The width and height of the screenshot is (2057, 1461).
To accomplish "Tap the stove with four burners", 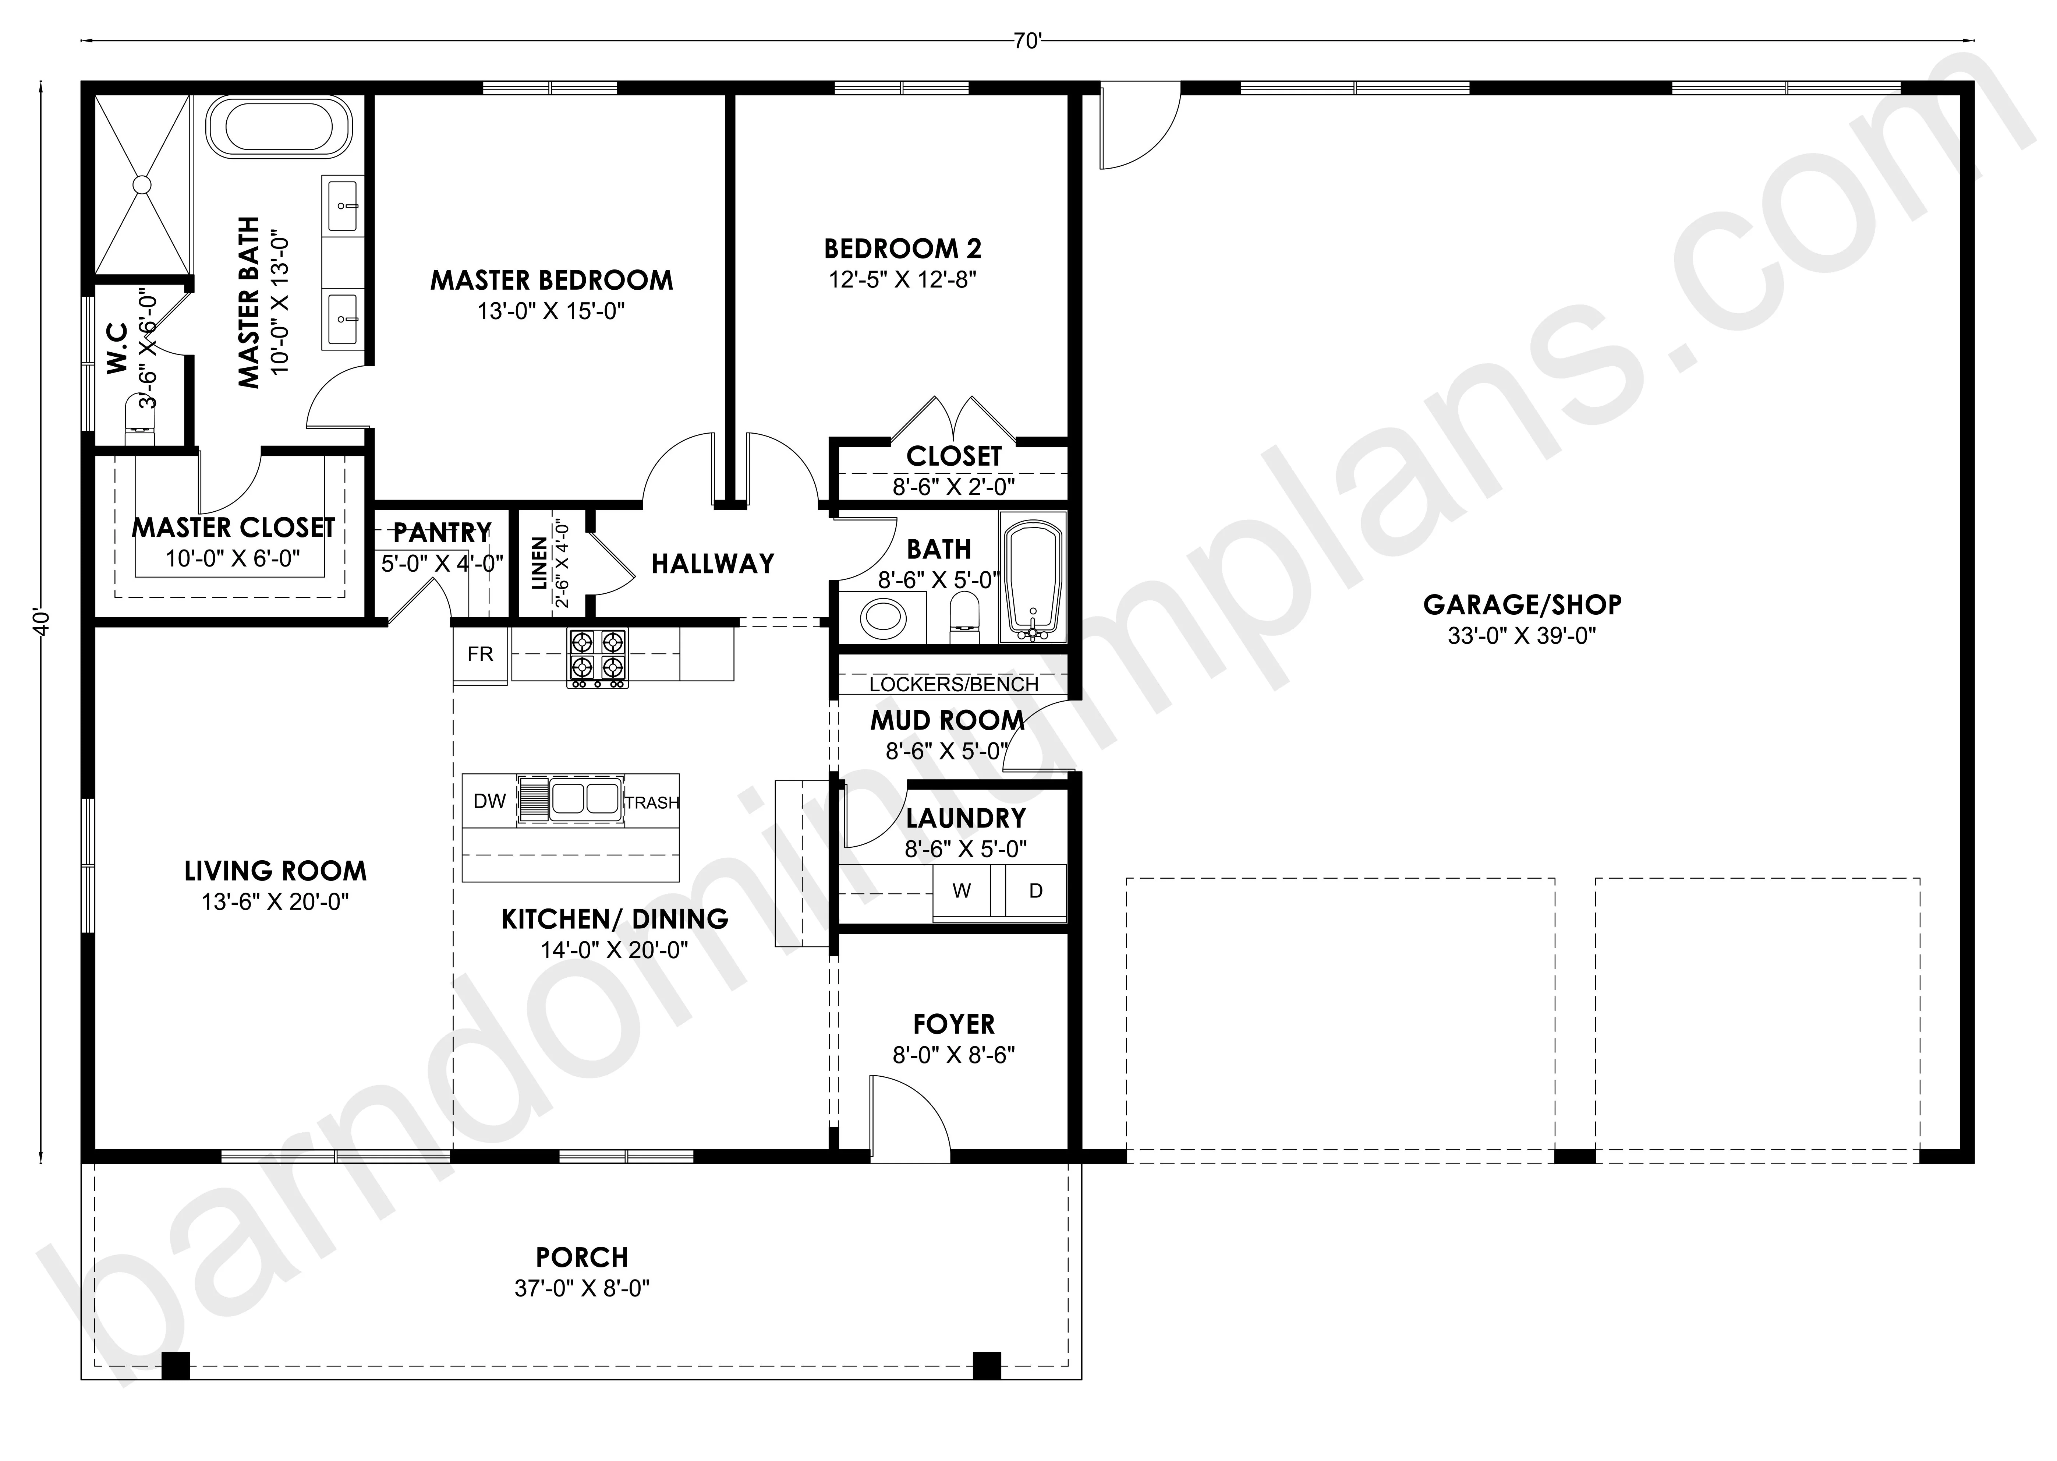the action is click(x=597, y=658).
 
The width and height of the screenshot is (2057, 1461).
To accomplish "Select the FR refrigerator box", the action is click(x=480, y=654).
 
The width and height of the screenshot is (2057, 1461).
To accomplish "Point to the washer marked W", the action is click(x=962, y=891).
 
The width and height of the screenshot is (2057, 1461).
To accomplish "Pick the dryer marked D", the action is click(x=1035, y=891).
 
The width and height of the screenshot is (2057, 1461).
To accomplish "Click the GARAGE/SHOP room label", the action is click(x=1522, y=604).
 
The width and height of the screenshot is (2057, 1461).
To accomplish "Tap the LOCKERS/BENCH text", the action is click(x=953, y=685).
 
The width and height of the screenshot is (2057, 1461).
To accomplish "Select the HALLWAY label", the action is click(x=712, y=564).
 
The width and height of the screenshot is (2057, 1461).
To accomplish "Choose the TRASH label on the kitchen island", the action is click(x=652, y=802).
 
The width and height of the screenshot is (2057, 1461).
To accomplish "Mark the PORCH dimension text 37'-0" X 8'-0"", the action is click(x=582, y=1288).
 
